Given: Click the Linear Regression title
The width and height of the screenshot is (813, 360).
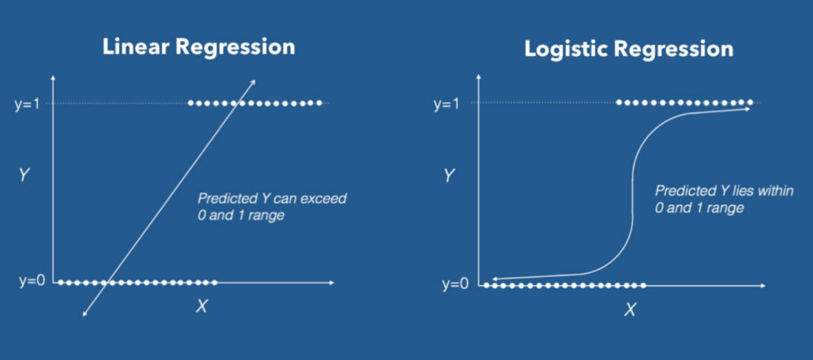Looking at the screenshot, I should (199, 46).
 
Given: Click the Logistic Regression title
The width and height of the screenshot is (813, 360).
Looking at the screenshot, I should (629, 49).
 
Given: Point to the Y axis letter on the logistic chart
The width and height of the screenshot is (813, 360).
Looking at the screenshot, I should (449, 175).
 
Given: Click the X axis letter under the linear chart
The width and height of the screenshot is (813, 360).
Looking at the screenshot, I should (201, 306).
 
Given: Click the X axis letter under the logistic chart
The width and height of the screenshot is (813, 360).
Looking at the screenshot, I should (630, 309).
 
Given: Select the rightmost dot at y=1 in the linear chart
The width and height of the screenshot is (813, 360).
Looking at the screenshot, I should (319, 103).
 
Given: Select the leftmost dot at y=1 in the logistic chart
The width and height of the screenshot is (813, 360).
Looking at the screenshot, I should (620, 103).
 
